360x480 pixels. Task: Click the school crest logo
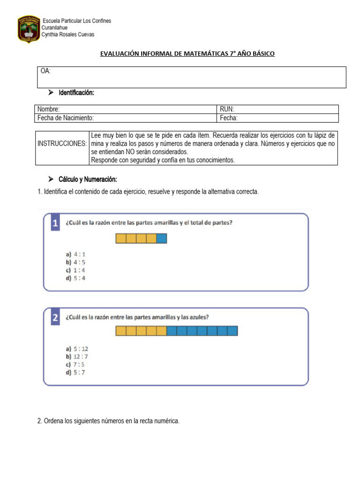(x=28, y=29)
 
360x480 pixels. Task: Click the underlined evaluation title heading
(x=187, y=54)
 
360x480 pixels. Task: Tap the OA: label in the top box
(x=46, y=71)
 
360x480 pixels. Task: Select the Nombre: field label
(x=49, y=109)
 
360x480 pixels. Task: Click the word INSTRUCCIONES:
(x=62, y=143)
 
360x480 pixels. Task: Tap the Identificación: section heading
(x=76, y=93)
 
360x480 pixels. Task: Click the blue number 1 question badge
(x=55, y=224)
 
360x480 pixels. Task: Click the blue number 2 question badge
(x=55, y=317)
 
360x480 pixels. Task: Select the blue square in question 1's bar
(x=161, y=239)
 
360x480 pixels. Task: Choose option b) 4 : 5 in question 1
(x=75, y=262)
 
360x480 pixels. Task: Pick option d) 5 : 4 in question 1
(x=75, y=278)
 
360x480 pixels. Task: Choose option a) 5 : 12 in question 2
(x=77, y=349)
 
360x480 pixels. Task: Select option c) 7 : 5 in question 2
(x=75, y=364)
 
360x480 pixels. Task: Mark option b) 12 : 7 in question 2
(x=77, y=357)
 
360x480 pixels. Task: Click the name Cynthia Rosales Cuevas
(x=68, y=34)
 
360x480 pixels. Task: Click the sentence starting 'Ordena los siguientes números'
(x=108, y=421)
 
